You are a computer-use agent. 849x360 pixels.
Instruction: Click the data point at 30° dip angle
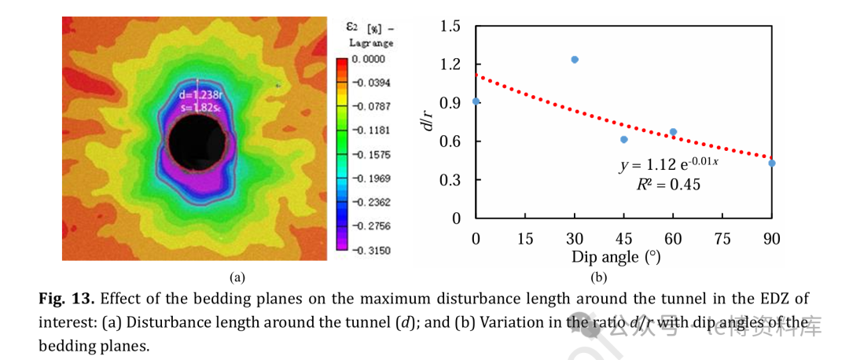pyautogui.click(x=575, y=60)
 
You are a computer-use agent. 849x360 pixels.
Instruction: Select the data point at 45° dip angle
pyautogui.click(x=624, y=140)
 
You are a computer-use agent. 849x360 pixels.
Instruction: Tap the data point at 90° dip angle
pyautogui.click(x=772, y=163)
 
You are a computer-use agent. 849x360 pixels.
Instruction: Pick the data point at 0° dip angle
pyautogui.click(x=476, y=101)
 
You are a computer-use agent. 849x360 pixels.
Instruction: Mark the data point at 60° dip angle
pyautogui.click(x=673, y=132)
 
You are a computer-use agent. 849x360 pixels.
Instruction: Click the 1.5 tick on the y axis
pyautogui.click(x=450, y=26)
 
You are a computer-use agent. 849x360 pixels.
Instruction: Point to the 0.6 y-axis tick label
pyautogui.click(x=450, y=141)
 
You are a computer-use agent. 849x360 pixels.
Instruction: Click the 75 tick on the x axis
pyautogui.click(x=722, y=239)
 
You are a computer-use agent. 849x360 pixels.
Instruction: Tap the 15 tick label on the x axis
pyautogui.click(x=525, y=239)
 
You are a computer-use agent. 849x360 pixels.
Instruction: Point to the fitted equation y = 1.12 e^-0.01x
pyautogui.click(x=669, y=166)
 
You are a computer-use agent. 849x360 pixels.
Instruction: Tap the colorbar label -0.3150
pyautogui.click(x=370, y=250)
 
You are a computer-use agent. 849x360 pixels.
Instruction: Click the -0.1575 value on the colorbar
pyautogui.click(x=370, y=155)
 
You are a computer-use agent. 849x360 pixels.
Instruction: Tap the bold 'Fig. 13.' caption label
pyautogui.click(x=66, y=299)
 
